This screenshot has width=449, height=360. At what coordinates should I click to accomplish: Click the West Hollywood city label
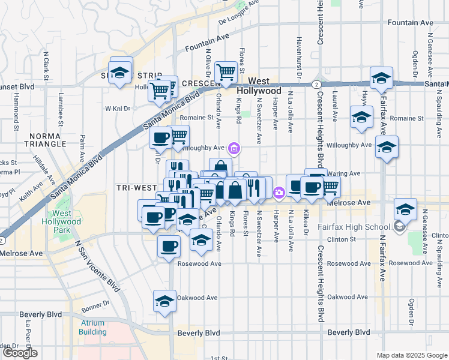click(x=259, y=85)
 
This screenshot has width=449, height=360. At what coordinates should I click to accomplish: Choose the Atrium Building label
click(x=92, y=327)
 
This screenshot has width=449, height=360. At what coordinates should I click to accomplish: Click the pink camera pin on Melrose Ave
click(x=279, y=193)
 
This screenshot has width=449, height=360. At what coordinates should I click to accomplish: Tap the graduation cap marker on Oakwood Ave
click(x=164, y=301)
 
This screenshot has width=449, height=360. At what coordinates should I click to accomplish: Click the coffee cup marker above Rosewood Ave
click(x=169, y=245)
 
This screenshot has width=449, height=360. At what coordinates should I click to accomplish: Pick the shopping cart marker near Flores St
click(x=226, y=72)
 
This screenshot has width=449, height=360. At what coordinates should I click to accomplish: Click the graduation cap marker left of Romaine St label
click(x=361, y=116)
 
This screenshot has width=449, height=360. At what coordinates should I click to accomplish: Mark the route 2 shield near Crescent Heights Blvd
click(x=316, y=85)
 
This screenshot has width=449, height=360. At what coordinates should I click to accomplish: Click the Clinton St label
click(x=345, y=239)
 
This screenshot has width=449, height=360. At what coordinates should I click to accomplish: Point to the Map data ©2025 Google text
click(x=411, y=355)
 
